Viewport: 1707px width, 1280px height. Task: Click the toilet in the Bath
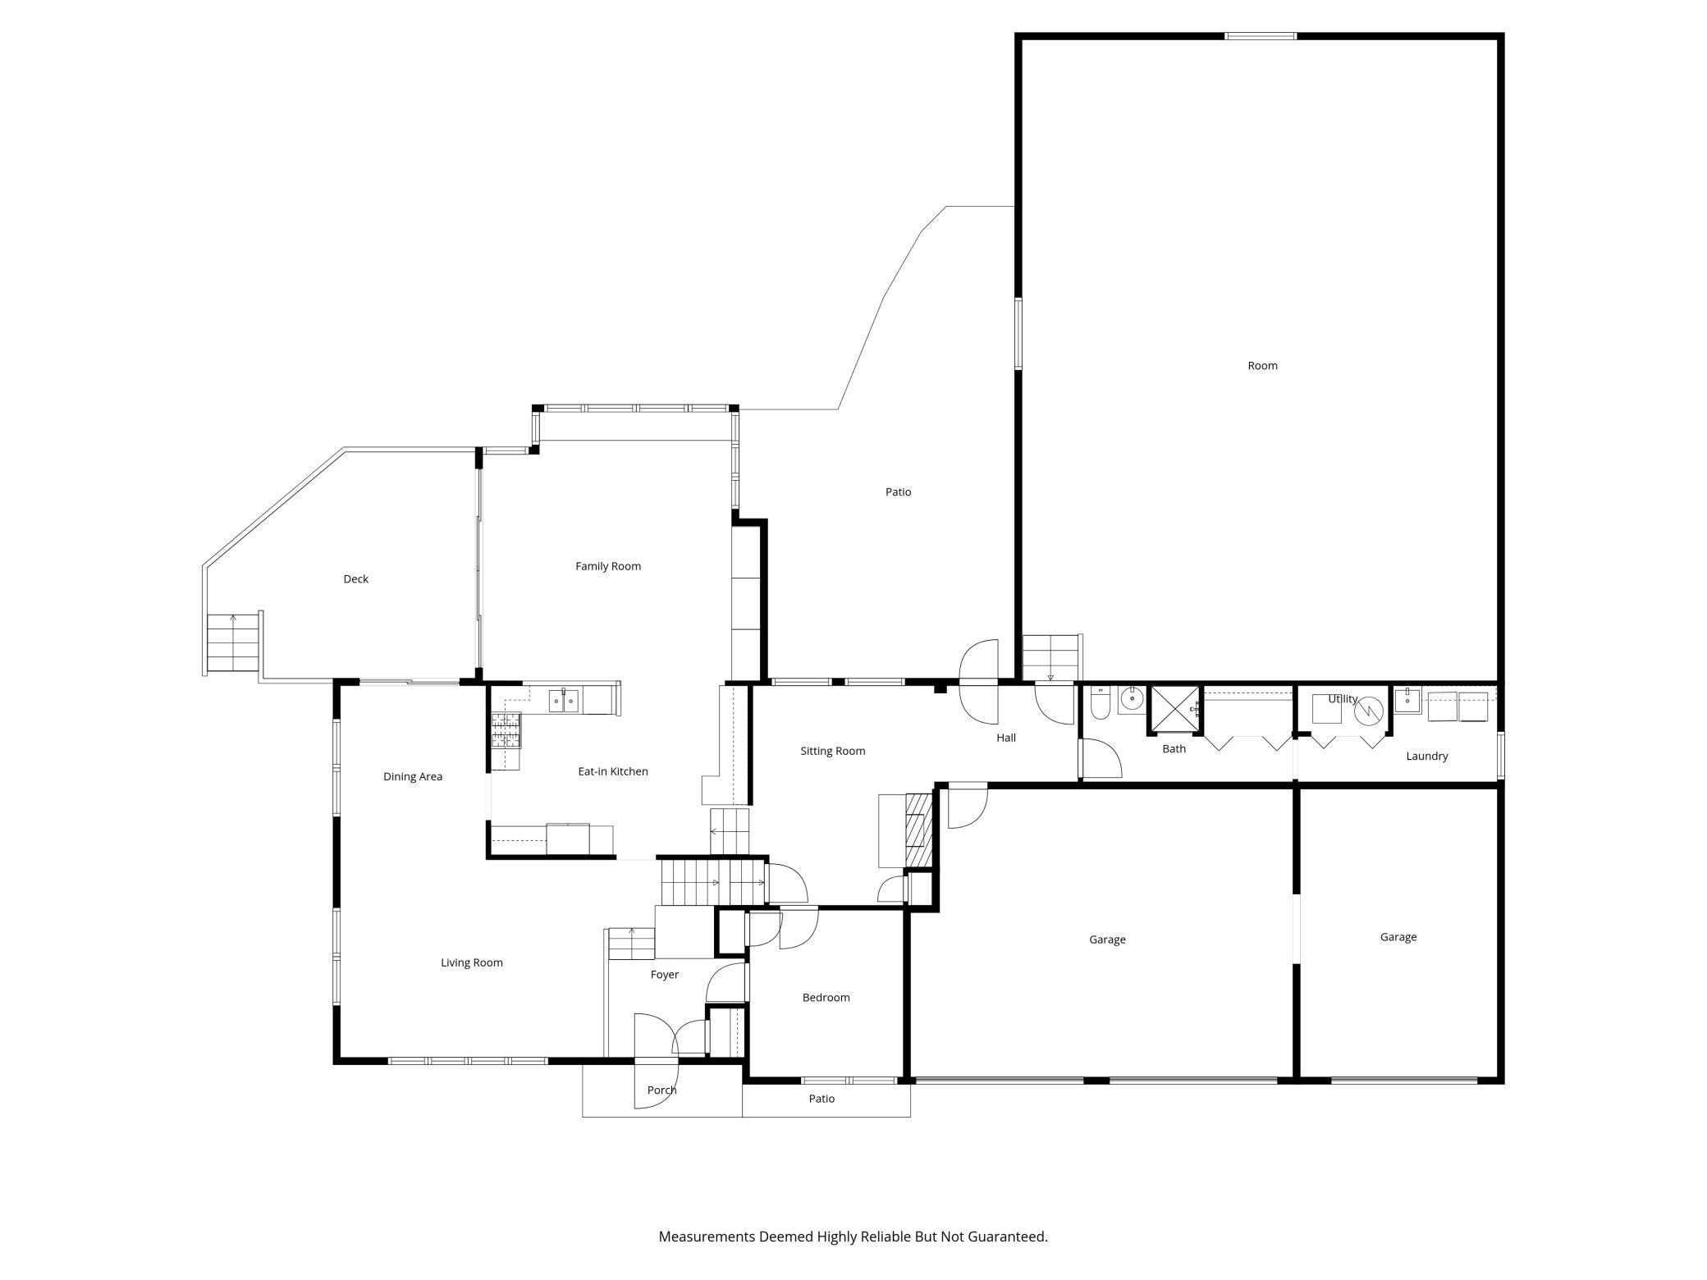pyautogui.click(x=1100, y=703)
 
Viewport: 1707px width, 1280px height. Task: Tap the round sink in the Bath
pyautogui.click(x=1132, y=700)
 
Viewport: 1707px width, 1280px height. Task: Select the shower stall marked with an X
pyautogui.click(x=1174, y=707)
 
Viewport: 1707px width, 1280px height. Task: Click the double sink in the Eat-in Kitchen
pyautogui.click(x=563, y=702)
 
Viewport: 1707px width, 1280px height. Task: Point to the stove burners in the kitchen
pyautogui.click(x=506, y=730)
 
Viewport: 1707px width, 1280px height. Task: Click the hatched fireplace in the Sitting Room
pyautogui.click(x=919, y=830)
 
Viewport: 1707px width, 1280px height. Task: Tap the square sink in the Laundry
pyautogui.click(x=1407, y=701)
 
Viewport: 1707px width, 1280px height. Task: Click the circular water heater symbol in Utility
pyautogui.click(x=1369, y=711)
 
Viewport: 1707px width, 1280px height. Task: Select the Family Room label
pyautogui.click(x=608, y=566)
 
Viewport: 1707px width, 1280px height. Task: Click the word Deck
pyautogui.click(x=356, y=579)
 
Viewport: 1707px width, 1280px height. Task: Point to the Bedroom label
pyautogui.click(x=826, y=998)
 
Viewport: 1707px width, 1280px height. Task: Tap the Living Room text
pyautogui.click(x=472, y=962)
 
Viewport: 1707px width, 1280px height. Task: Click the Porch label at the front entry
pyautogui.click(x=662, y=1090)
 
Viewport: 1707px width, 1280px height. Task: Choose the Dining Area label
pyautogui.click(x=413, y=777)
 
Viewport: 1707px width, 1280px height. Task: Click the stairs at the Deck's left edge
pyautogui.click(x=233, y=642)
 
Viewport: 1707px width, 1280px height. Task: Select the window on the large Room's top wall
pyautogui.click(x=1261, y=36)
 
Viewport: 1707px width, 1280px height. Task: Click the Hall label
pyautogui.click(x=1006, y=738)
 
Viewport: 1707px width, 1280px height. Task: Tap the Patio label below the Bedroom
pyautogui.click(x=821, y=1099)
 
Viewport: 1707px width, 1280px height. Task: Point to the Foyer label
pyautogui.click(x=665, y=975)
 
